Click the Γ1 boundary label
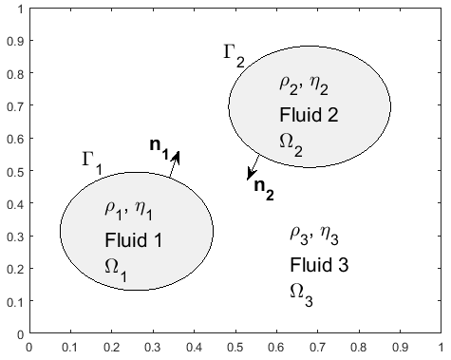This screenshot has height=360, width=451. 92,162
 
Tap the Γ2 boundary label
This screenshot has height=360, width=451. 234,56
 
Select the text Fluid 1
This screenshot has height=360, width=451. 133,240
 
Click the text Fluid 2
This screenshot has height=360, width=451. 309,115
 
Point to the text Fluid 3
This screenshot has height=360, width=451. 319,265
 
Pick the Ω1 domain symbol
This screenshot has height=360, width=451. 116,270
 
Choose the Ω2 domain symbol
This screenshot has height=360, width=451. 291,145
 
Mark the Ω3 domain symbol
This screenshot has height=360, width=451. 301,295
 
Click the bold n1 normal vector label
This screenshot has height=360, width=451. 160,148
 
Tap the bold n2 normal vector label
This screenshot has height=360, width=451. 264,189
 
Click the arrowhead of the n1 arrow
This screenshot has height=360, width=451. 177,155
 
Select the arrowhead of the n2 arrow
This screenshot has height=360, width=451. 251,176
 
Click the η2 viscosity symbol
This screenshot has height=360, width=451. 319,85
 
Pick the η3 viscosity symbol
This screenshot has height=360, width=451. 329,236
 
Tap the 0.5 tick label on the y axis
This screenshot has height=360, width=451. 15,171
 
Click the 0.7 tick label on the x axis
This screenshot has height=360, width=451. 318,348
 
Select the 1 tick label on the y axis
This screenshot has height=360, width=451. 21,9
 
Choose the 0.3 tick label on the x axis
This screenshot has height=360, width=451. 153,348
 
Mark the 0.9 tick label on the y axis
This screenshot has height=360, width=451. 15,41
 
